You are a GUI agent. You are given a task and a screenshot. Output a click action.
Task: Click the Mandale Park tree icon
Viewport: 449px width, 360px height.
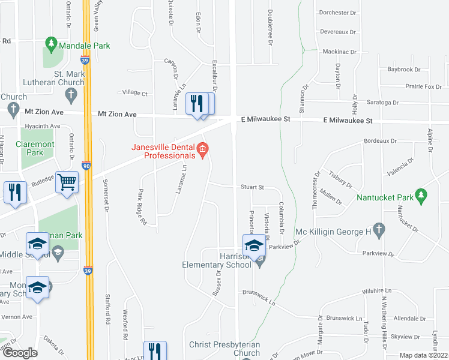pos(51,44)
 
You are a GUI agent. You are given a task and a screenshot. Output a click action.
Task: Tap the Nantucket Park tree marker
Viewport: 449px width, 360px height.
pos(421,194)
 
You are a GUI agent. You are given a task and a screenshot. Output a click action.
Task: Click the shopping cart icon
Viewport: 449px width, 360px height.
pos(67,181)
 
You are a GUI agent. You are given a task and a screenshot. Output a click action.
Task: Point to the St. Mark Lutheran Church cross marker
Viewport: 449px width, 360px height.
pos(71,94)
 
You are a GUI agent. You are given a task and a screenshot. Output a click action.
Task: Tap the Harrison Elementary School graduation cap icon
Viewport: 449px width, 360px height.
pos(254,245)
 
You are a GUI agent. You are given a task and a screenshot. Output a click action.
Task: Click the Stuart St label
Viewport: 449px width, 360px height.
pos(253,187)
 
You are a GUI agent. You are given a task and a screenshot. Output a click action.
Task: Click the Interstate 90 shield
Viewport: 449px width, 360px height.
pos(87,166)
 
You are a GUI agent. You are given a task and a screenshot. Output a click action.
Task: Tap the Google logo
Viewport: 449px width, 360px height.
pos(20,353)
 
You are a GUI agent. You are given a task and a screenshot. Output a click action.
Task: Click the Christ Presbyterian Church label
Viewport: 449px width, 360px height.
pos(224,349)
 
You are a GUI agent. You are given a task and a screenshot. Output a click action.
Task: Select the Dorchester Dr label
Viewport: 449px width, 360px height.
pos(338,13)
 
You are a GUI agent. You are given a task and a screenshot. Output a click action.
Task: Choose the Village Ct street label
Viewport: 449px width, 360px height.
pos(135,93)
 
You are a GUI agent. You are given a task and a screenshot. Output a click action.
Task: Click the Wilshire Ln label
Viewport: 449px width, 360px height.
pos(376,291)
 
